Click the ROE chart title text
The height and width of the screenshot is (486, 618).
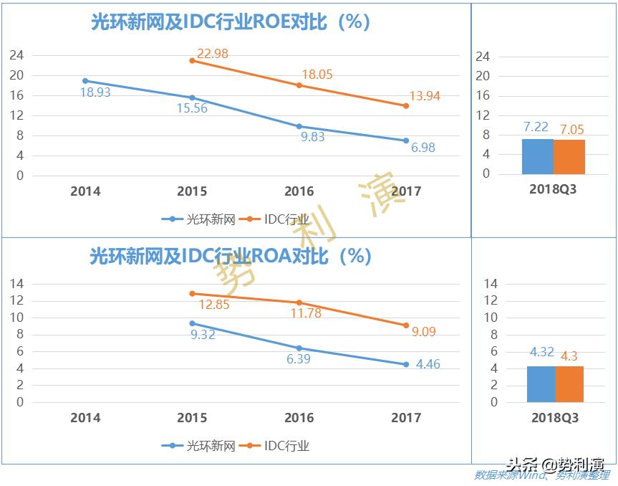(x=230, y=22)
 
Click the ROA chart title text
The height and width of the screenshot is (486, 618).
(x=230, y=256)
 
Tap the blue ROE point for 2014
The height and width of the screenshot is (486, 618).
(x=85, y=81)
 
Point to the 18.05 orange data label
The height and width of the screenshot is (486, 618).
(x=317, y=75)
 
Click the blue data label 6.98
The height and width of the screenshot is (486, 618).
(x=423, y=148)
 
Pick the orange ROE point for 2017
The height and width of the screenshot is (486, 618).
(x=406, y=106)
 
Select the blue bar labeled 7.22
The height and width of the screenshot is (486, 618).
(x=537, y=156)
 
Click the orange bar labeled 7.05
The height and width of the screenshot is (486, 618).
(x=569, y=157)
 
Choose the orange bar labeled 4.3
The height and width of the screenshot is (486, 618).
(x=570, y=384)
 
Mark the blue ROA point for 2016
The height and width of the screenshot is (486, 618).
(x=299, y=348)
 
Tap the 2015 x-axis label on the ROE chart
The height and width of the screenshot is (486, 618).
(x=192, y=191)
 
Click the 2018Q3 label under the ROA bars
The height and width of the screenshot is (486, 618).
(x=554, y=418)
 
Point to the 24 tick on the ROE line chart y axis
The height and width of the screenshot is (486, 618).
(x=16, y=55)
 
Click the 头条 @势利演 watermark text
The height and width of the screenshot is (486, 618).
(x=556, y=464)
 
